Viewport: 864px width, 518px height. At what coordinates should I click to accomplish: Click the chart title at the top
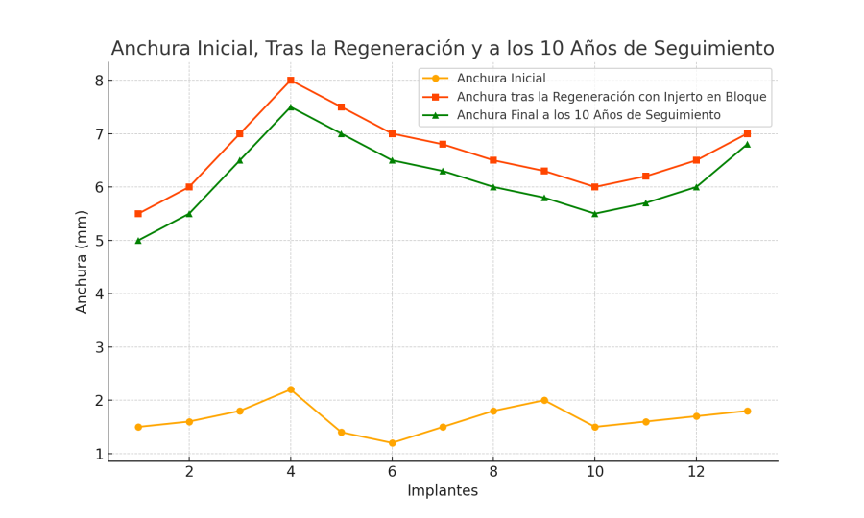443,49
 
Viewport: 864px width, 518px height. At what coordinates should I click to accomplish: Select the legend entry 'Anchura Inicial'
501,79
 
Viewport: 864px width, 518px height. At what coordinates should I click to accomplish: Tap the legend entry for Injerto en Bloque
612,97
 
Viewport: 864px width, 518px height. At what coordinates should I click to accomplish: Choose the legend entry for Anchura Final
588,115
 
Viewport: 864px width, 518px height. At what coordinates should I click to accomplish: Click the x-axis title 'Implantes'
443,491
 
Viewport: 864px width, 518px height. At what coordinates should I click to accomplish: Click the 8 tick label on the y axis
98,81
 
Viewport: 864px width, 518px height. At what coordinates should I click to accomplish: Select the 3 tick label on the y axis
98,347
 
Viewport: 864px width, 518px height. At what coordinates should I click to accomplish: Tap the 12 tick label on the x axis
696,472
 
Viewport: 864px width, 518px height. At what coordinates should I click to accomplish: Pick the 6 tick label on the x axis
392,472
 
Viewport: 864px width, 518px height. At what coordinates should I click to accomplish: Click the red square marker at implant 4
291,81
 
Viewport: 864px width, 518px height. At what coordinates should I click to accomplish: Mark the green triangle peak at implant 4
291,106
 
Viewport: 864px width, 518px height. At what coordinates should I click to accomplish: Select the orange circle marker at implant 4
291,389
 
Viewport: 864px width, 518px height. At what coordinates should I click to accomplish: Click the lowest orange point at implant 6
392,443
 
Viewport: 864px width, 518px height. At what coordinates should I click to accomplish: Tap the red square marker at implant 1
138,214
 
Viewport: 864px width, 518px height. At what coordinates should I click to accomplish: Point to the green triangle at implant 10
595,214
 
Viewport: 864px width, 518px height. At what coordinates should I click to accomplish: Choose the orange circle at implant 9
544,400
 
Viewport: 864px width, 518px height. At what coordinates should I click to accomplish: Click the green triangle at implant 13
747,144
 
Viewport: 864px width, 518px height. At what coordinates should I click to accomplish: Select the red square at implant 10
595,187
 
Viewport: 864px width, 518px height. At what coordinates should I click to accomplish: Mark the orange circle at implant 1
138,427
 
